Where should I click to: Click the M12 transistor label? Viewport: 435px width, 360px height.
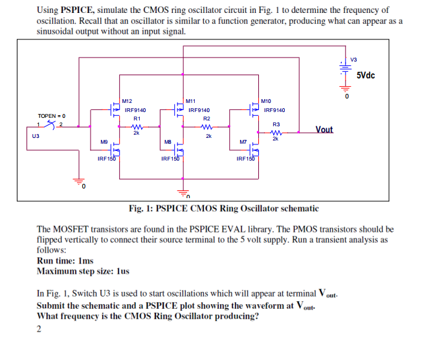[127, 101]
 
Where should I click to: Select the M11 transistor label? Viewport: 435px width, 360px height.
[190, 101]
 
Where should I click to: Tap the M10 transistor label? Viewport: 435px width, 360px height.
[265, 101]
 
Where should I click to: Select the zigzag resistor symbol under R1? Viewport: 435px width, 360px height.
[137, 127]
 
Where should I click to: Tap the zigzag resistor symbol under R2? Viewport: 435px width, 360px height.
[207, 127]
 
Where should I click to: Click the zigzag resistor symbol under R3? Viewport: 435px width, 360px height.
[276, 132]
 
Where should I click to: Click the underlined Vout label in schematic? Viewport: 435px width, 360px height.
[324, 129]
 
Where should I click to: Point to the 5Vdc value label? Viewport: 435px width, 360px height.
[366, 75]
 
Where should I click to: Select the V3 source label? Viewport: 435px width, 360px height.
[353, 60]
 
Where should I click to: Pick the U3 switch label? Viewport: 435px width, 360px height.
[36, 137]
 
